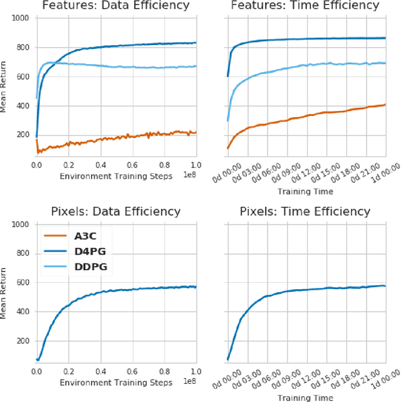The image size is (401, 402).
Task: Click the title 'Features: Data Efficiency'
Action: [117, 6]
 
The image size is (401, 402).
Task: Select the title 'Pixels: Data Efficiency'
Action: [117, 211]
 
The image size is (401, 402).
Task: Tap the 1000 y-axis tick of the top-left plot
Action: [21, 18]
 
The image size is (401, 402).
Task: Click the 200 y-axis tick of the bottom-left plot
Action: [23, 341]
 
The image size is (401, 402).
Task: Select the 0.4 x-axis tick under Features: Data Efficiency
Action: [100, 165]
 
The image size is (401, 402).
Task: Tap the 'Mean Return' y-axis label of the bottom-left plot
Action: [5, 294]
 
